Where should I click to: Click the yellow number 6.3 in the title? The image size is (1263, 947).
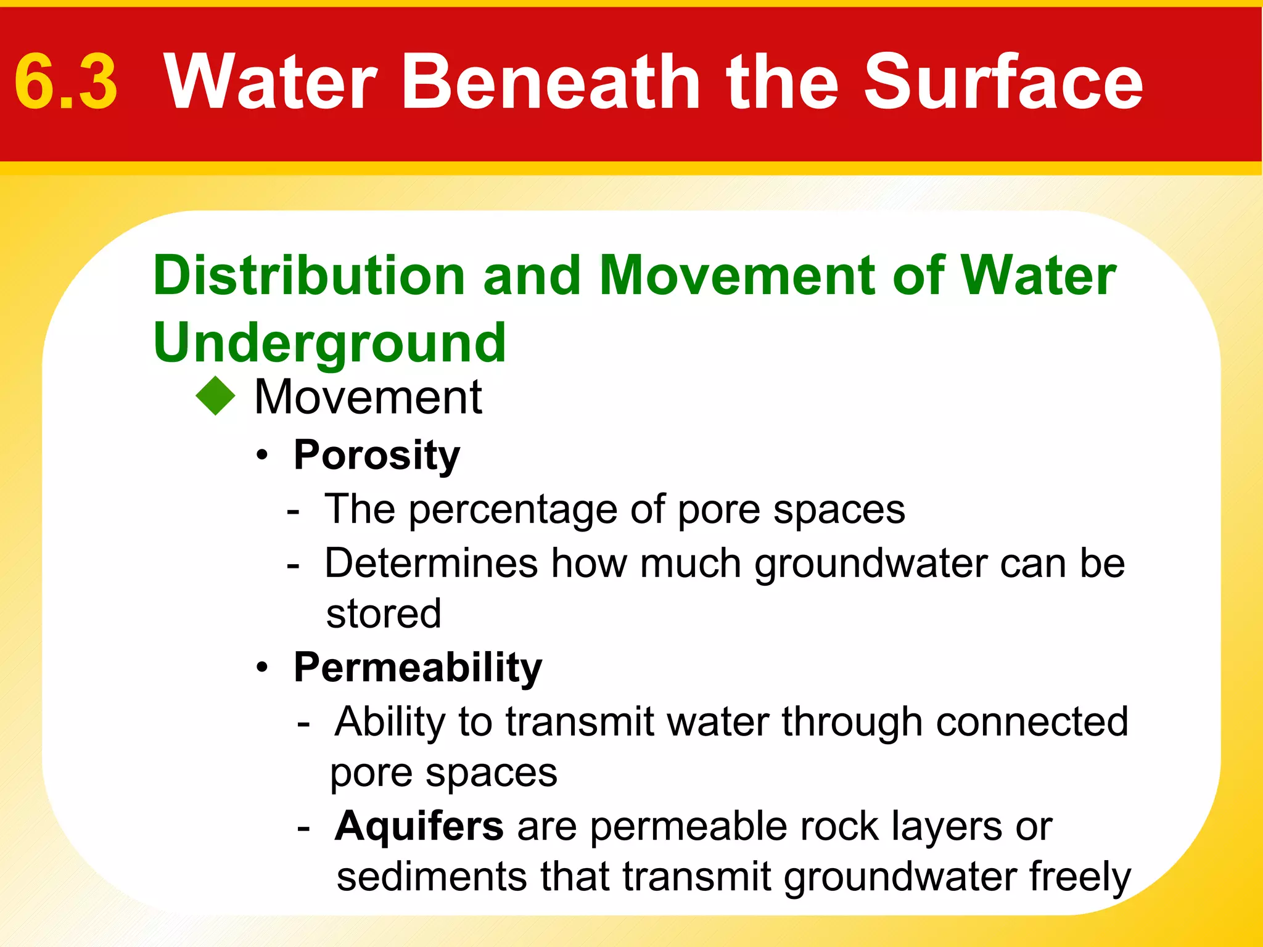pos(66,82)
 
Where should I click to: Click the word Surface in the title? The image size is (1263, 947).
pos(1003,82)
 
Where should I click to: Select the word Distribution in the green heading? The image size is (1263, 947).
pos(308,276)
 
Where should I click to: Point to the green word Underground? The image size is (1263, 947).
pos(329,343)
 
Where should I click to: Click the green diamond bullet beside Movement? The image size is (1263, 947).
pos(216,396)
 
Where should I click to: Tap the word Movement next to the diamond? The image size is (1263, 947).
pos(368,397)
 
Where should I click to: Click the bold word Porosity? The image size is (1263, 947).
pos(377,455)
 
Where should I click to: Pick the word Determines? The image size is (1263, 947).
pos(431,563)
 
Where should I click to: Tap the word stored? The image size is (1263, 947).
pos(384,614)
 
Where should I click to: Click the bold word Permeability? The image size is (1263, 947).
pos(418,668)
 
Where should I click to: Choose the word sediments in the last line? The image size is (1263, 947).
pos(431,877)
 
